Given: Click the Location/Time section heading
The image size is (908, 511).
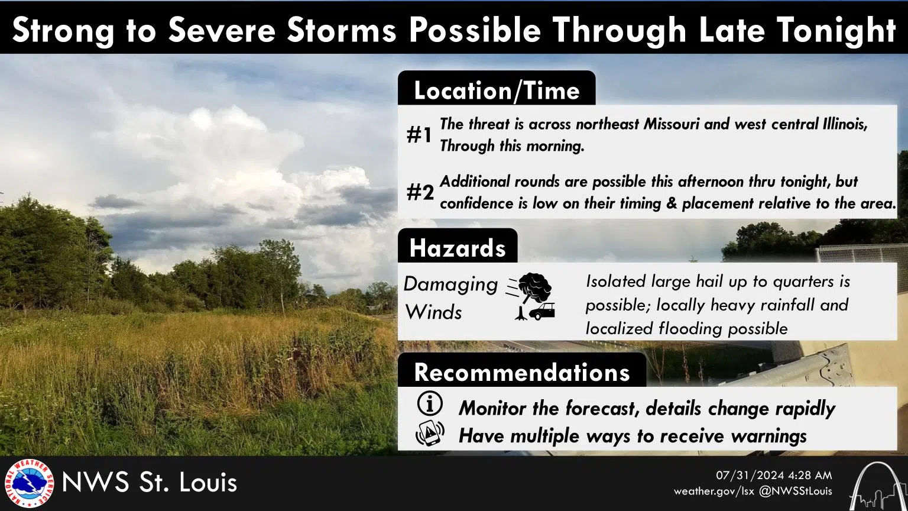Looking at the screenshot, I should coord(497,90).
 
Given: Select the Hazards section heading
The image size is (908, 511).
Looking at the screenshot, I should coord(458,248).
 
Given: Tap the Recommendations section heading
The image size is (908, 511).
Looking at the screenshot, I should coord(522,372).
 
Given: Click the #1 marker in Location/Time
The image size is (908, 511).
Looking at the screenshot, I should coord(420,135).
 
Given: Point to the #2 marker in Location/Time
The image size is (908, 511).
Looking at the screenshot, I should coord(420,192).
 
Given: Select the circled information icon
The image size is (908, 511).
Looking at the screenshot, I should coord(430,405).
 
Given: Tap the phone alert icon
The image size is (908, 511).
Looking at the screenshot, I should coord(430,434).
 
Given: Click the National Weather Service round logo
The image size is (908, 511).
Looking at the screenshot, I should coord(28,483).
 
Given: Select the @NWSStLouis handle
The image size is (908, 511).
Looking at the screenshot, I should coord(796,491).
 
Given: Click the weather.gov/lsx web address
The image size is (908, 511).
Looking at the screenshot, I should coord(714,491).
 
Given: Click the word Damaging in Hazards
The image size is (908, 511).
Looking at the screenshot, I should coord(450,284).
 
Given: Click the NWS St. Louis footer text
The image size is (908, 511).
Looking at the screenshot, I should coord(150,483).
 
